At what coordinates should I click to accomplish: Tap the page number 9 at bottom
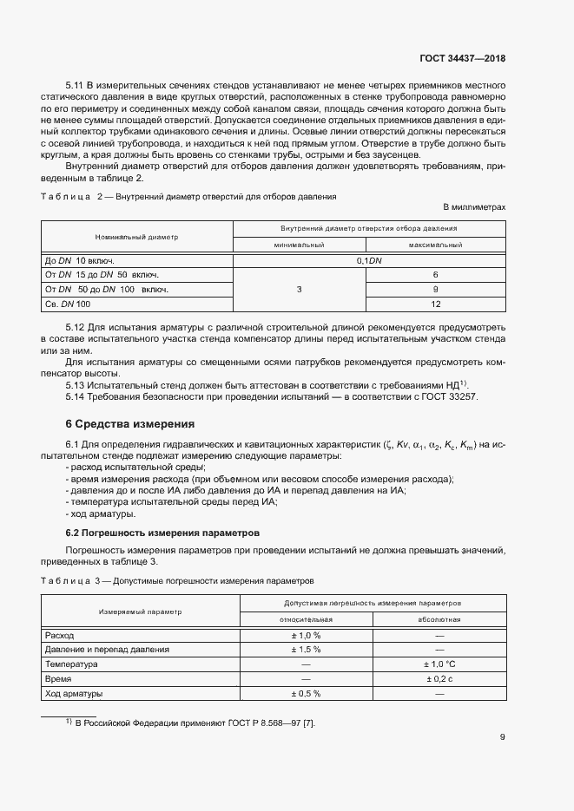[x=503, y=738]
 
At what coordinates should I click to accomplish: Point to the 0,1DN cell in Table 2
[x=369, y=260]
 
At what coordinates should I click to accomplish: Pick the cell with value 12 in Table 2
[x=435, y=304]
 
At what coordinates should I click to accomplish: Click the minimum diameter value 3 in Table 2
[x=299, y=290]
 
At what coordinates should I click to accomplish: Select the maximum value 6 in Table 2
[x=435, y=275]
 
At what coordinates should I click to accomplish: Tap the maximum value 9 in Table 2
[x=435, y=290]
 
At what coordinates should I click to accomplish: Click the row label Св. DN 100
[x=68, y=304]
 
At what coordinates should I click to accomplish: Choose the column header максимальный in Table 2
[x=435, y=245]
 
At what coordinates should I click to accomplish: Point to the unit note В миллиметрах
[x=474, y=208]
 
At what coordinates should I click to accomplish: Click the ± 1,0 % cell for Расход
[x=307, y=635]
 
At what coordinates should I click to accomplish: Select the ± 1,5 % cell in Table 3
[x=307, y=650]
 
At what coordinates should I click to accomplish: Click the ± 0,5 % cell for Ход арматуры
[x=307, y=694]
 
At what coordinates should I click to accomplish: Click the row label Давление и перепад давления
[x=107, y=650]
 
